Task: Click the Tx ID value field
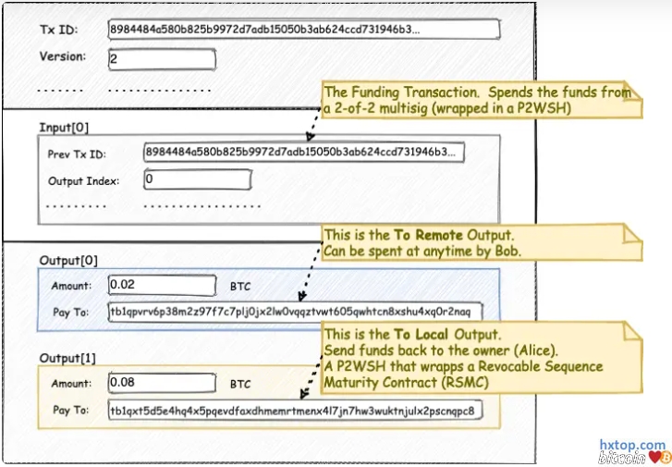[x=304, y=30]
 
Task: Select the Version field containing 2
[x=162, y=59]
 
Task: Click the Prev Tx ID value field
[x=303, y=152]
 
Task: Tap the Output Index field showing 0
[x=197, y=179]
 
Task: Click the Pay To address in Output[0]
[x=295, y=312]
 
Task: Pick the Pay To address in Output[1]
[x=295, y=410]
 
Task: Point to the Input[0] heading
[x=65, y=127]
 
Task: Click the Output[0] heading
[x=69, y=261]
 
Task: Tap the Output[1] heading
[x=69, y=357]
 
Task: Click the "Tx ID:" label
[x=58, y=31]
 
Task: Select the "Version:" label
[x=62, y=56]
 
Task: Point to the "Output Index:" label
[x=83, y=180]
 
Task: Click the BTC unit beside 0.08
[x=240, y=383]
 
